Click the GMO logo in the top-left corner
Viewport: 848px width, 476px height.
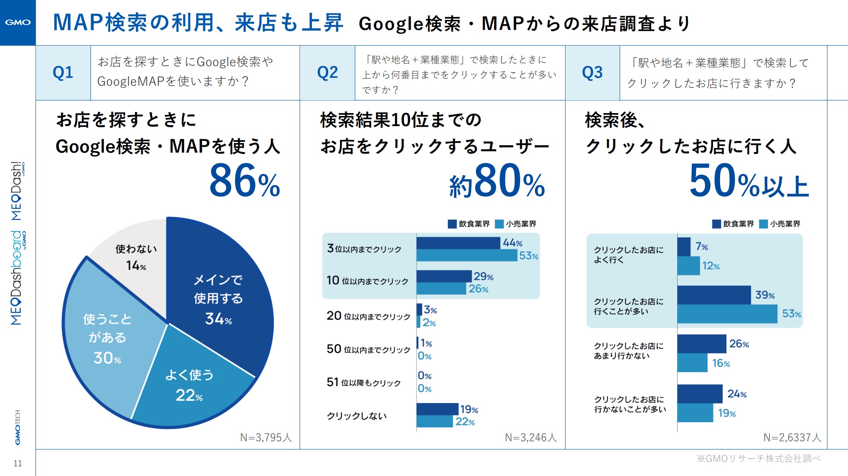pyautogui.click(x=18, y=22)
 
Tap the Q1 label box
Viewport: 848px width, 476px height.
pyautogui.click(x=63, y=73)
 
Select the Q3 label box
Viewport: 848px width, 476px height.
pyautogui.click(x=592, y=73)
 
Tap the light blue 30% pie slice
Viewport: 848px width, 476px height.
pyautogui.click(x=107, y=339)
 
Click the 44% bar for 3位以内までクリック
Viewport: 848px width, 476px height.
pyautogui.click(x=458, y=243)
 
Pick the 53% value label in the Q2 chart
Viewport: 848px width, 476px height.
pyautogui.click(x=529, y=256)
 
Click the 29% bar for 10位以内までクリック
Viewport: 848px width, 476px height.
pyautogui.click(x=444, y=276)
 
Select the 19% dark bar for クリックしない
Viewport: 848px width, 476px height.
pyautogui.click(x=437, y=409)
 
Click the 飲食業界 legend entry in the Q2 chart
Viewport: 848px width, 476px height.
pyautogui.click(x=469, y=224)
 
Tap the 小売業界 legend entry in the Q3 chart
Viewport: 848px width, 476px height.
pyautogui.click(x=780, y=224)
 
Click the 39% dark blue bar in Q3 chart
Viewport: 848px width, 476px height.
pyautogui.click(x=714, y=295)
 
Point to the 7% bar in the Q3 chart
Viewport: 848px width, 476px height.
pyautogui.click(x=684, y=247)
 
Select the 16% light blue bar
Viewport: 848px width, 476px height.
pyautogui.click(x=692, y=363)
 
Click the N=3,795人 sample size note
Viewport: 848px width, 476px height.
pyautogui.click(x=266, y=437)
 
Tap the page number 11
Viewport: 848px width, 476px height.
pyautogui.click(x=18, y=463)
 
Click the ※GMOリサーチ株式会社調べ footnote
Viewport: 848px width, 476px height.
pyautogui.click(x=758, y=459)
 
